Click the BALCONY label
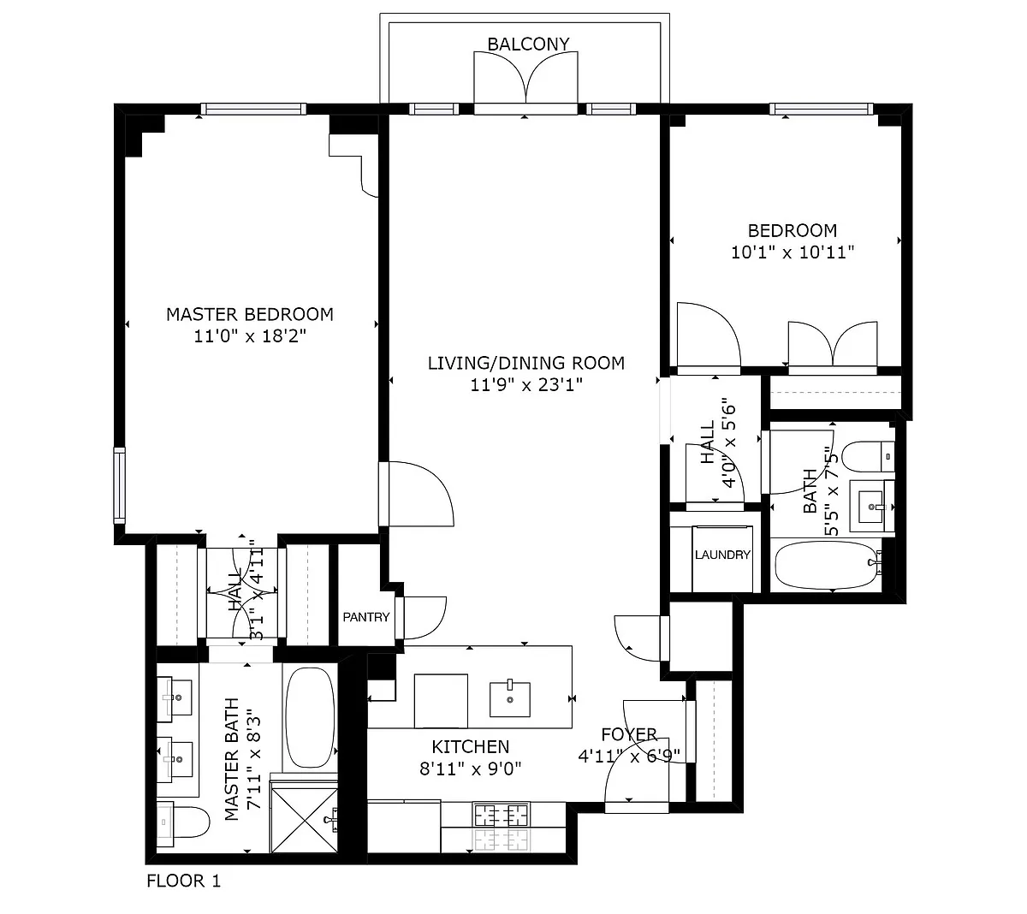tap(528, 45)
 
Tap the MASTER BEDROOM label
tap(249, 314)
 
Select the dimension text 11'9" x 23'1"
tap(526, 385)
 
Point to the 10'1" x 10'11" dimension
tap(792, 252)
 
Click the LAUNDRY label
tap(721, 555)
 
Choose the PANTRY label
tap(366, 617)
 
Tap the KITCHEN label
tap(471, 747)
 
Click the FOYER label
tap(629, 734)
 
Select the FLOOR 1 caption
tap(183, 881)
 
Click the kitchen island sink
tap(509, 698)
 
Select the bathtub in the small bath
tap(828, 565)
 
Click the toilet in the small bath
tap(868, 456)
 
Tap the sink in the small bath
tap(872, 506)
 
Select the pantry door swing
tap(424, 617)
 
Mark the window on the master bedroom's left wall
tap(119, 485)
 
